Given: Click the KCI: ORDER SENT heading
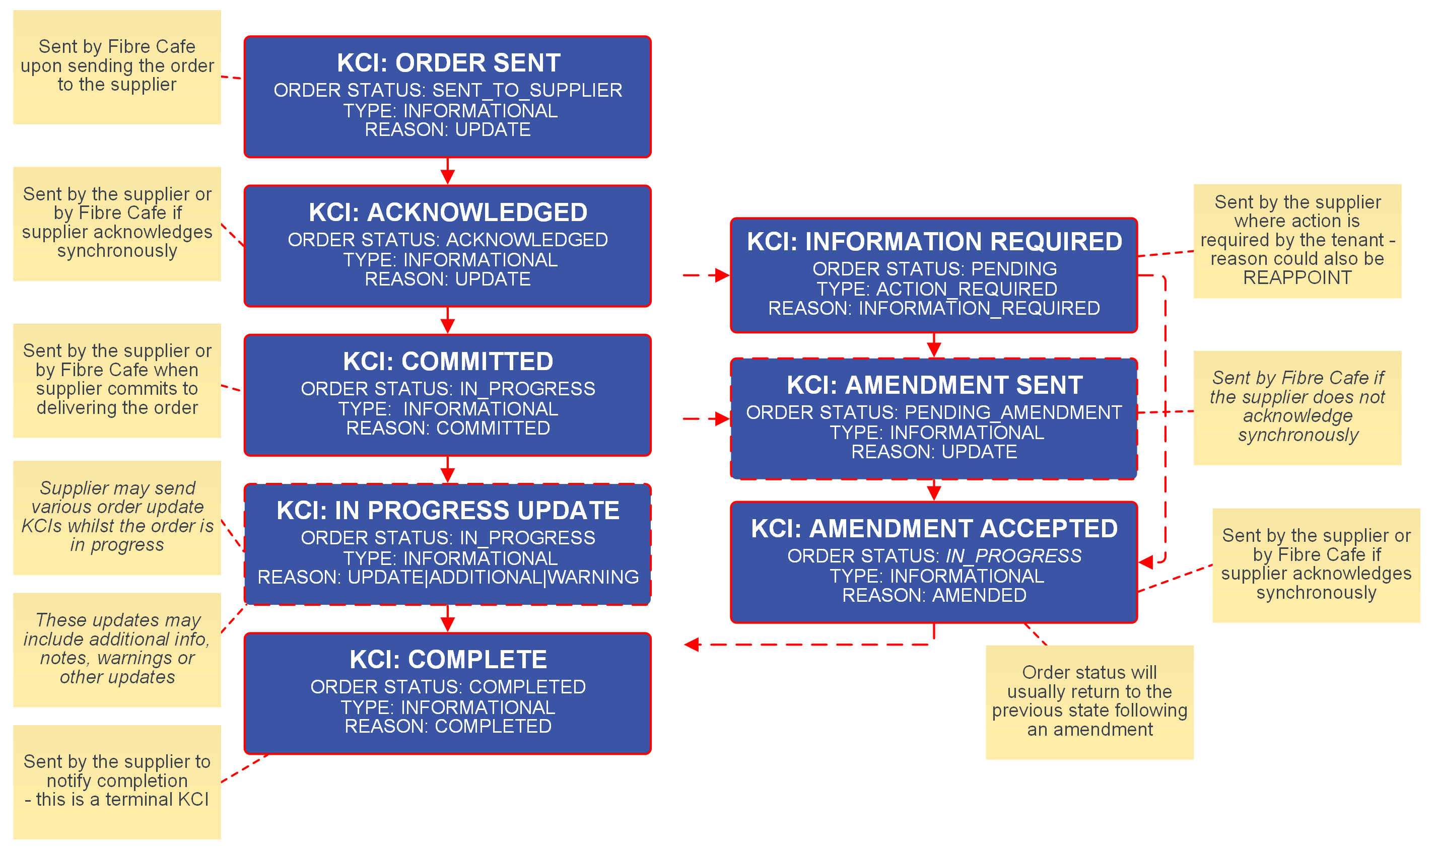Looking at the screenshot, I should point(448,63).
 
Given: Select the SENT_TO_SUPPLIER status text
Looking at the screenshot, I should point(527,91).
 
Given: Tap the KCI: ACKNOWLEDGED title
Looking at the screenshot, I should point(448,212).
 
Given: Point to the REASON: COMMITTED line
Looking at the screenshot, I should point(448,428).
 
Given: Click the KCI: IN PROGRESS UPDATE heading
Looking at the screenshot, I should point(448,510).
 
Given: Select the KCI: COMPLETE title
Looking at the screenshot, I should point(448,660).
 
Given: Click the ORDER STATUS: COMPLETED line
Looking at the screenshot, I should point(448,687).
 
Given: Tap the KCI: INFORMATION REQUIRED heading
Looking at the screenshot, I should point(934,242).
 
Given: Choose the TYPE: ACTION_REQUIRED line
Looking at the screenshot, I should point(936,289).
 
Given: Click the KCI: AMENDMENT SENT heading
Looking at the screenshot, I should point(934,385).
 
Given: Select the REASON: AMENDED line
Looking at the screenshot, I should point(934,595).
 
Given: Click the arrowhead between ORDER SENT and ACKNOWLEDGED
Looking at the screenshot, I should point(448,176).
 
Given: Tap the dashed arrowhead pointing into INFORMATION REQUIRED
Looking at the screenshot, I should point(722,275).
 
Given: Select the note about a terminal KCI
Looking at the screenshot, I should point(117,782).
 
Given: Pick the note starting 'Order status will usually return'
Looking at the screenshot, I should point(1089,701).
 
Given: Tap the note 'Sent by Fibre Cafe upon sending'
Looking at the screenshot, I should point(117,66).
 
